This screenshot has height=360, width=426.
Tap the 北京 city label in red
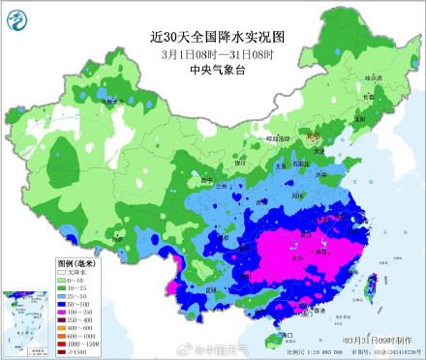click(x=312, y=137)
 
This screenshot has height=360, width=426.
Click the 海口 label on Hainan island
click(x=287, y=335)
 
